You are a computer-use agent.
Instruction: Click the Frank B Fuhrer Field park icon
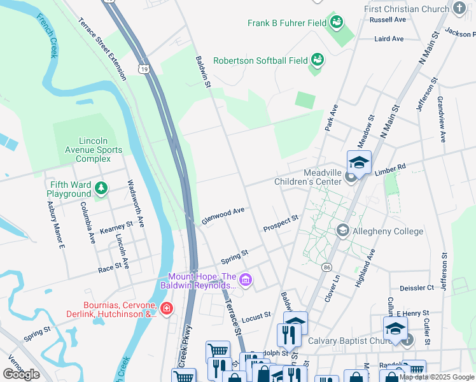(x=337, y=24)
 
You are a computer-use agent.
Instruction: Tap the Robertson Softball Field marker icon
(x=317, y=60)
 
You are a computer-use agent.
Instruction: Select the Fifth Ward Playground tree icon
(x=101, y=188)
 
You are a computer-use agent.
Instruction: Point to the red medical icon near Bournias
(x=167, y=309)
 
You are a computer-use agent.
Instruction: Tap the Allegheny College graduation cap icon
(x=343, y=230)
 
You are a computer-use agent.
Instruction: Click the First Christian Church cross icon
(x=459, y=8)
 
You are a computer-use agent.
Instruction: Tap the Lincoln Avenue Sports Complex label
(x=89, y=150)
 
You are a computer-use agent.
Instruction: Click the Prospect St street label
(x=281, y=223)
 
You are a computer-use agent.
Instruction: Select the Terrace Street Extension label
(x=102, y=49)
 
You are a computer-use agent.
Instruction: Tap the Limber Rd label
(x=390, y=168)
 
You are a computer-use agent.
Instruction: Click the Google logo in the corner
(x=22, y=374)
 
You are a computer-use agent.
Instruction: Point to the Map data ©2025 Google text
(x=437, y=377)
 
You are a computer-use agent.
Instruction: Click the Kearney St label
(x=116, y=225)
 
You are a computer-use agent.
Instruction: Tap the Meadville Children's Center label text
(x=312, y=177)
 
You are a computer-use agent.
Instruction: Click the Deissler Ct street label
(x=417, y=288)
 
